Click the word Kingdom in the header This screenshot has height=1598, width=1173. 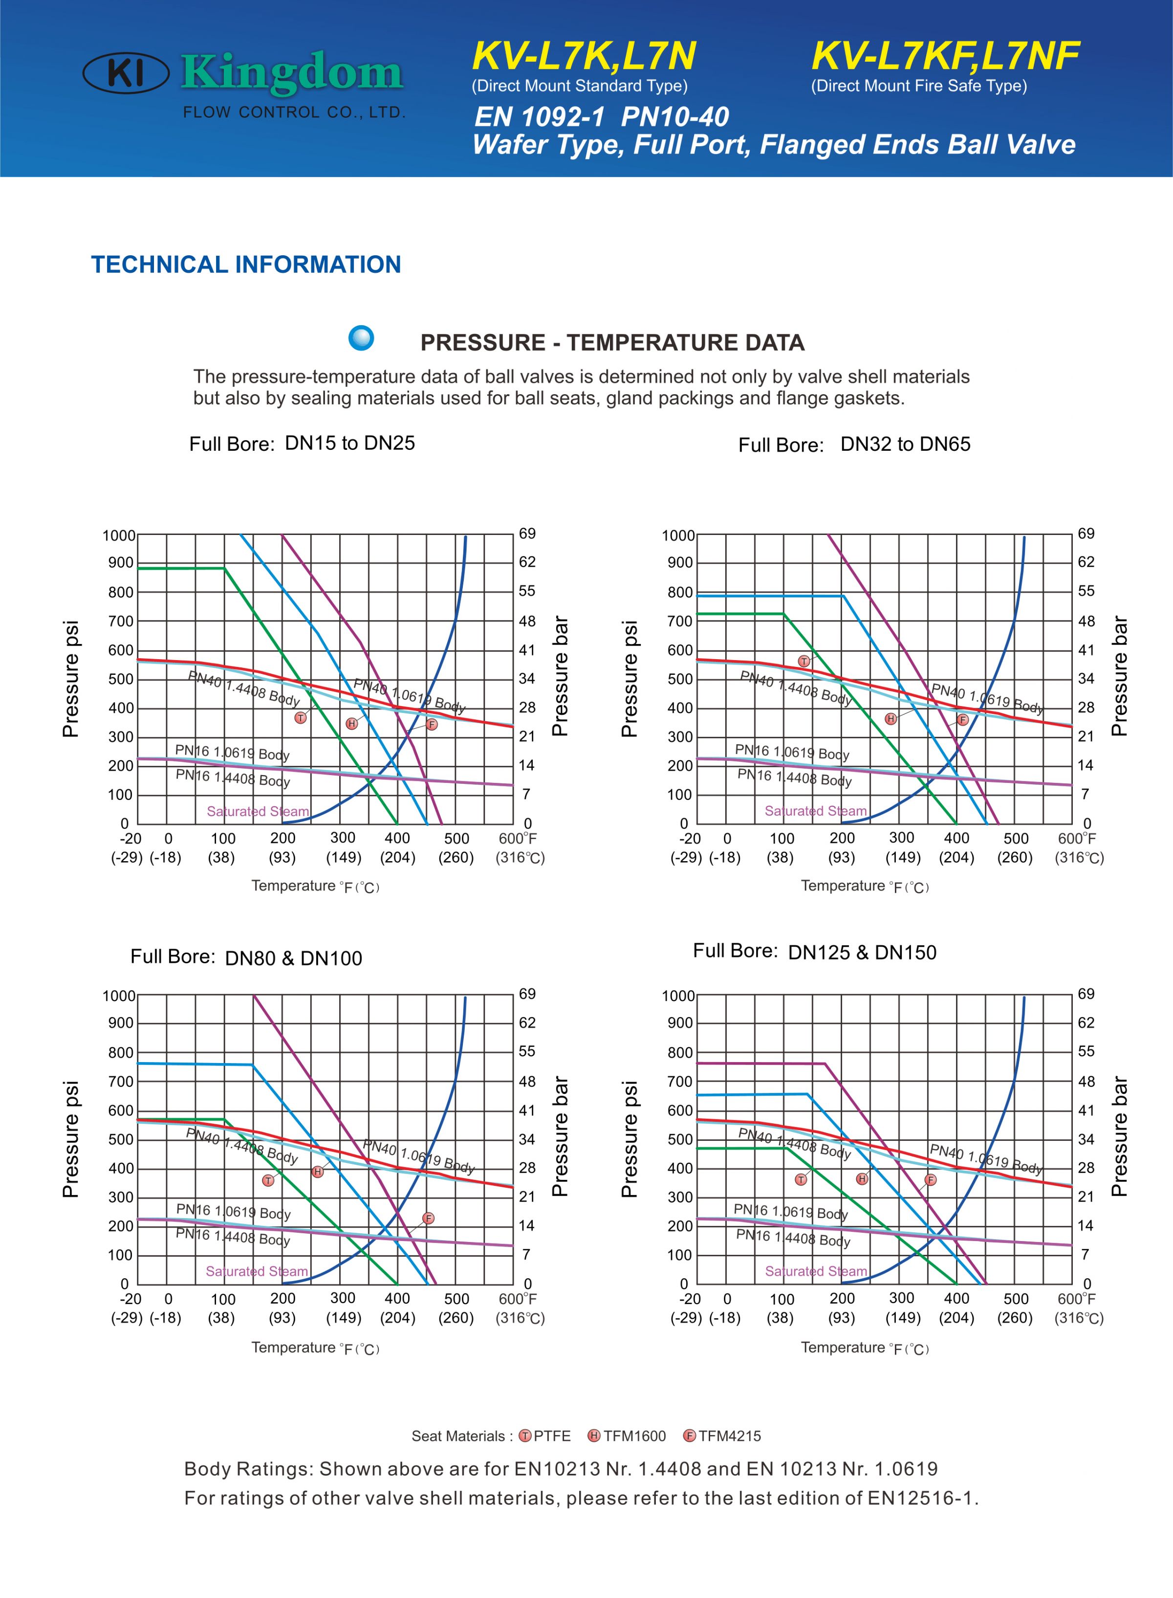(x=292, y=73)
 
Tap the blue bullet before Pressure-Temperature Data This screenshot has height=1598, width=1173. (x=361, y=337)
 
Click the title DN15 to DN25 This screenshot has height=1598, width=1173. (x=349, y=443)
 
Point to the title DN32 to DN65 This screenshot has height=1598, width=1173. (x=905, y=444)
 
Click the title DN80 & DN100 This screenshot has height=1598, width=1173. (x=293, y=958)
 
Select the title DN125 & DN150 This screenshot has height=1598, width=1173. (x=862, y=953)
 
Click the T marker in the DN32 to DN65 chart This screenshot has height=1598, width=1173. (x=804, y=661)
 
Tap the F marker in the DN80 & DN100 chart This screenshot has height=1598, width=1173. (x=428, y=1218)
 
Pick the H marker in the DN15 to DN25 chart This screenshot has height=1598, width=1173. (x=351, y=724)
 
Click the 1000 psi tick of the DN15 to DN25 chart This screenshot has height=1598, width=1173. (x=119, y=535)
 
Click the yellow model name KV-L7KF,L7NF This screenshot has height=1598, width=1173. (x=945, y=56)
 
